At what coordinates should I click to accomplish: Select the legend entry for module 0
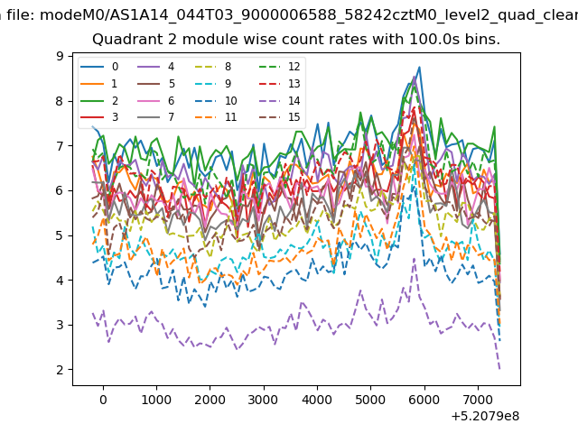(x=99, y=67)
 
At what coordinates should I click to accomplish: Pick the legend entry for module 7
(x=155, y=117)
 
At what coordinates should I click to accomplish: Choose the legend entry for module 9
(x=213, y=84)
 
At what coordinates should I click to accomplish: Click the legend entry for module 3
(x=99, y=117)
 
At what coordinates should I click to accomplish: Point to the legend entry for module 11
(x=216, y=117)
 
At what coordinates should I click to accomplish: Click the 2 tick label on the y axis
(x=60, y=370)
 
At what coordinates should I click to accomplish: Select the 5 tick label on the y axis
(x=60, y=235)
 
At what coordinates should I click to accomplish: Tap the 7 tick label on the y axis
(x=60, y=146)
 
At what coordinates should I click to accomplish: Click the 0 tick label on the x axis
(x=104, y=400)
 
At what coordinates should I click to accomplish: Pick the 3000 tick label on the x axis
(x=264, y=400)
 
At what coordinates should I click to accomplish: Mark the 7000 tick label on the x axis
(x=478, y=400)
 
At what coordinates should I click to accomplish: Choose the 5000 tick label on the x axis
(x=370, y=400)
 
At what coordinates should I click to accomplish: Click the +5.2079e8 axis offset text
(x=485, y=417)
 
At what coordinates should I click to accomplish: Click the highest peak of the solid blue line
(x=419, y=68)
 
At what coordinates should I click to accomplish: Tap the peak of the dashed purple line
(x=414, y=259)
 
